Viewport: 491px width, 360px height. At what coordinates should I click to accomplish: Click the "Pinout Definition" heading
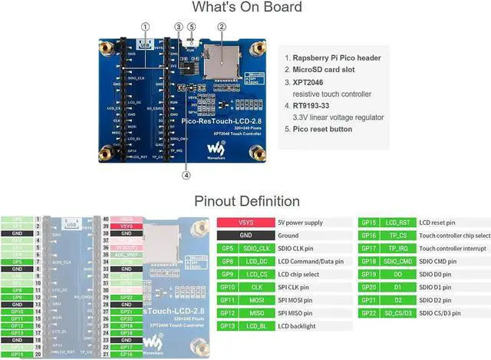pyautogui.click(x=246, y=201)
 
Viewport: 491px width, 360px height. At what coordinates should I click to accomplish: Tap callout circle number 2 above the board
pyautogui.click(x=222, y=26)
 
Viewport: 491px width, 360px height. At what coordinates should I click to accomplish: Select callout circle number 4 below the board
pyautogui.click(x=186, y=175)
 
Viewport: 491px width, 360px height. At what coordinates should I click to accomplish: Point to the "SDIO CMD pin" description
pyautogui.click(x=435, y=262)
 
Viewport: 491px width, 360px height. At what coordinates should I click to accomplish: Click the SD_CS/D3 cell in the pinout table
pyautogui.click(x=397, y=313)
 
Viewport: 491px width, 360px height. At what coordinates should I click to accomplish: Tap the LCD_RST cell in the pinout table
pyautogui.click(x=397, y=223)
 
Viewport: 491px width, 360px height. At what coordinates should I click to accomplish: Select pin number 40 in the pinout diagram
pyautogui.click(x=106, y=220)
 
